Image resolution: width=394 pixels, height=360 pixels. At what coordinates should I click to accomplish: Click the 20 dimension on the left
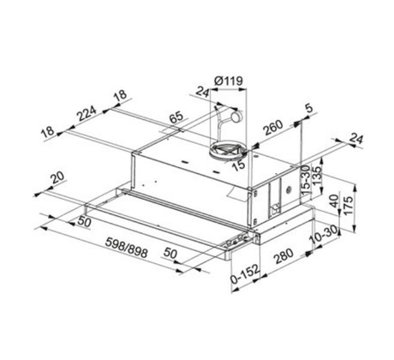(x=58, y=177)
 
